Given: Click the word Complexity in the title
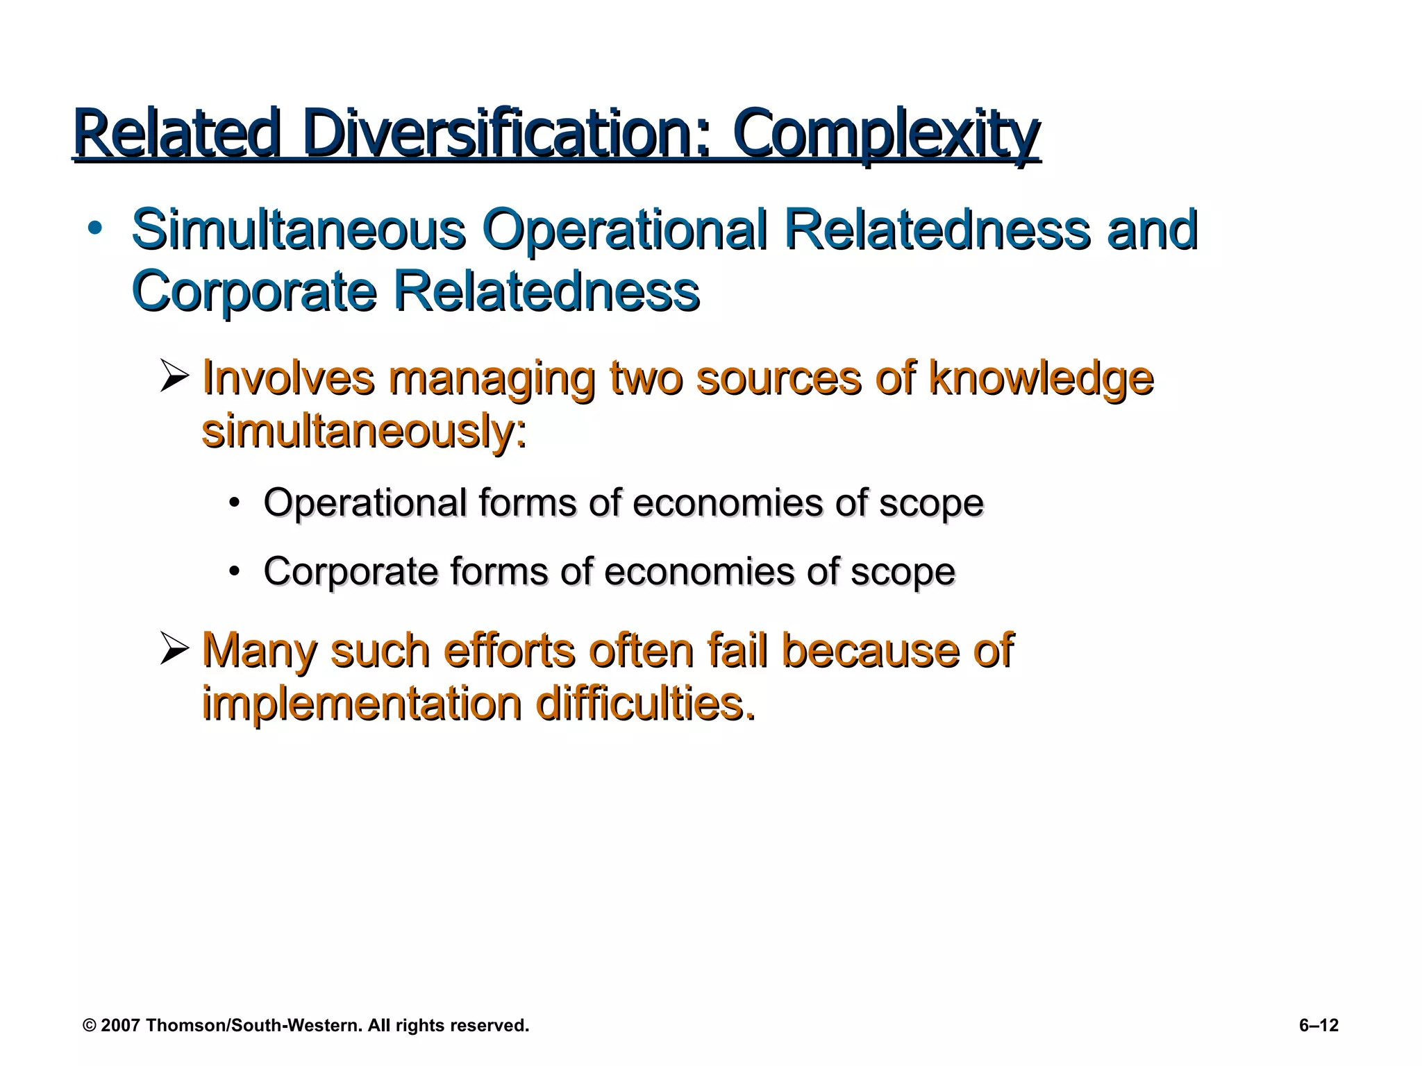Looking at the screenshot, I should point(886,134).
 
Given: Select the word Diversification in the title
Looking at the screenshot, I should point(506,134).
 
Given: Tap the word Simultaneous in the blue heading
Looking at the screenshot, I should point(299,230).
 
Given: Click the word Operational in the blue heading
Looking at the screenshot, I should point(626,230).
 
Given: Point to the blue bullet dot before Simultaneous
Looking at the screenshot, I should point(95,228).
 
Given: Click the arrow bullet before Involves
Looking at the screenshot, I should point(174,377).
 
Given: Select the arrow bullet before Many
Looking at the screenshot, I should point(174,650).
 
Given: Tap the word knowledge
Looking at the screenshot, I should point(1041,379).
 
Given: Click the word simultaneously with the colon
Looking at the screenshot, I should point(364,432).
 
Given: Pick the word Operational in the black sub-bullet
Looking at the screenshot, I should point(365,502).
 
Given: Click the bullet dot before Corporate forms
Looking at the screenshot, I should point(235,572).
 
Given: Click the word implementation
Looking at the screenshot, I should point(361,704).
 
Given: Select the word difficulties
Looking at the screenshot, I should point(646,704).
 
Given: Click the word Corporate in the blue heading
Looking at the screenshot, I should point(253,291).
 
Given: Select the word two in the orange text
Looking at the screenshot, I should point(646,378).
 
